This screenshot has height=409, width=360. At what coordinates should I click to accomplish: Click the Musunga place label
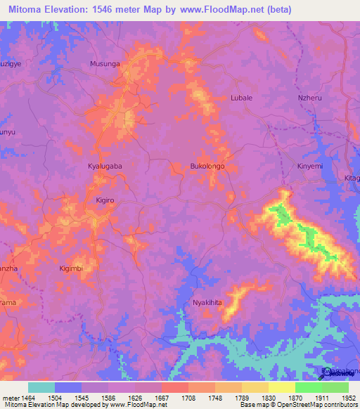coord(105,64)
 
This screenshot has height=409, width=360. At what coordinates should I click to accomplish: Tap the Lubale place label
coord(241,98)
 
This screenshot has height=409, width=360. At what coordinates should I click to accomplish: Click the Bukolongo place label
coord(207,166)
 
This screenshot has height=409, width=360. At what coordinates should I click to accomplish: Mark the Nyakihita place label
coord(207,303)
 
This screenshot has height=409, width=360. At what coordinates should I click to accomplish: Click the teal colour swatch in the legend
coord(41,387)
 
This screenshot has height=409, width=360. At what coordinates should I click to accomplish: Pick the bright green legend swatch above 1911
coord(308,387)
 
